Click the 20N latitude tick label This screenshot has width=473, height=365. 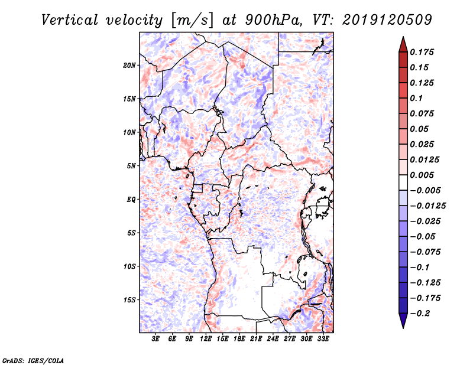[x=129, y=65]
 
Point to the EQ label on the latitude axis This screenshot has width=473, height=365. [x=131, y=199]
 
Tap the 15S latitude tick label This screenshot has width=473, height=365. [x=129, y=299]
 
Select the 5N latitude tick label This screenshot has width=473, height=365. [x=131, y=165]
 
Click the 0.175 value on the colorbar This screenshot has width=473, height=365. [x=423, y=52]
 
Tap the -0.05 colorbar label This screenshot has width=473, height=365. [x=423, y=236]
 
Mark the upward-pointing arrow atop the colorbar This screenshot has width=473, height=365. [x=403, y=44]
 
